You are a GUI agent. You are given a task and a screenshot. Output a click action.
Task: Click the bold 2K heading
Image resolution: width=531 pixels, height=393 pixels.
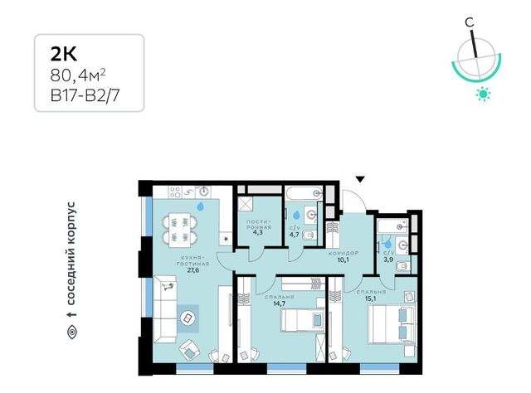[64, 54]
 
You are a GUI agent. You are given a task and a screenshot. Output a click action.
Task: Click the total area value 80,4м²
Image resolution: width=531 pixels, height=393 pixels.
[77, 75]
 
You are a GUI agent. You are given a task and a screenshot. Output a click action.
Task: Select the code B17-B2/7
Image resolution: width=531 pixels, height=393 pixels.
[85, 96]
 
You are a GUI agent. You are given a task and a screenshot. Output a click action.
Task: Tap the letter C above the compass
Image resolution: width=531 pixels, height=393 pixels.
[469, 22]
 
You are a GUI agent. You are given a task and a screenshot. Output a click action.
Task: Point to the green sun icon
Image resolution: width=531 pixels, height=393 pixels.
[483, 94]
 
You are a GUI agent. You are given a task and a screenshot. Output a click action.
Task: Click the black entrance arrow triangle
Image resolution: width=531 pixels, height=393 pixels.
[361, 179]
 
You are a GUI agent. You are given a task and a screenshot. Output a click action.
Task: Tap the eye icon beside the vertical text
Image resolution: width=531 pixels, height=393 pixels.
[72, 332]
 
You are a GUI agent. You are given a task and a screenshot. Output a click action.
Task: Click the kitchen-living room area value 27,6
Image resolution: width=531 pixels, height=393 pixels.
[192, 270]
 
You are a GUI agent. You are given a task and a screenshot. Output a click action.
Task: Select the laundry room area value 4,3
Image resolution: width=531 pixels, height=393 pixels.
[258, 232]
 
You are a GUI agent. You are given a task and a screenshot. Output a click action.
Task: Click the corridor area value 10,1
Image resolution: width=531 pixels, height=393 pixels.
[343, 260]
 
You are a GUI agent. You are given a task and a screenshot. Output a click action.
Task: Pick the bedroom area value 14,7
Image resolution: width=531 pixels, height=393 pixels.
[280, 303]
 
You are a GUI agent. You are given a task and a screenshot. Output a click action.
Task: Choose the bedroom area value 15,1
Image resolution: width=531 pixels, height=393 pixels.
[371, 298]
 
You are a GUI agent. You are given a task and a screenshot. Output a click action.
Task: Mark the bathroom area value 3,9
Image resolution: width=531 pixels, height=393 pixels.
[388, 260]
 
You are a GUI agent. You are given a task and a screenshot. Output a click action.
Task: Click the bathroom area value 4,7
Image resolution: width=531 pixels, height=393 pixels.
[295, 235]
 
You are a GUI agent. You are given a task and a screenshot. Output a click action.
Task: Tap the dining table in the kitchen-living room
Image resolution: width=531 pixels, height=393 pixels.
[179, 229]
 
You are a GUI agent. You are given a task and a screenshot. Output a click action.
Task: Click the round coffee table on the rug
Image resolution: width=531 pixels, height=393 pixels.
[188, 318]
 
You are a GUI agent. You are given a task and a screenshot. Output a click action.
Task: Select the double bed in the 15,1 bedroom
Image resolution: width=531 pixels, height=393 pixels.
[392, 325]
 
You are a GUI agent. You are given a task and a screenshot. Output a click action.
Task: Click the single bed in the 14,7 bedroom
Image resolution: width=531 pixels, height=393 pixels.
[302, 320]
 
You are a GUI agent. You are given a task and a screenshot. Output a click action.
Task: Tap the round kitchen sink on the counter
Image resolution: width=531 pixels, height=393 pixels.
[204, 192]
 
